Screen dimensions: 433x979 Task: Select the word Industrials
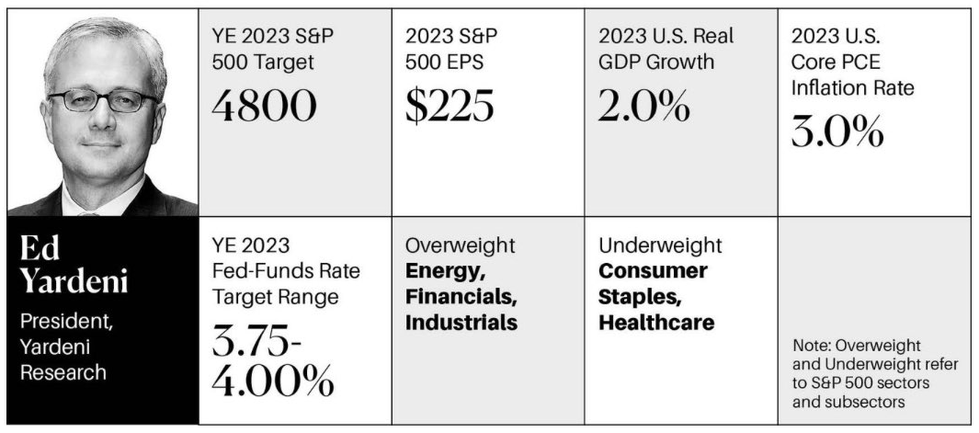tap(461, 323)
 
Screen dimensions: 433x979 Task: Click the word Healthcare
tap(656, 323)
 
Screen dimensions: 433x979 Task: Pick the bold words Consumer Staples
tap(653, 283)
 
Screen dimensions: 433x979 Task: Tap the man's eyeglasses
tap(102, 99)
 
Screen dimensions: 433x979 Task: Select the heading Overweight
tap(460, 245)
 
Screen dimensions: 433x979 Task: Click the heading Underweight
tap(660, 245)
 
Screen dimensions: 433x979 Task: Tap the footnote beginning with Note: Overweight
tap(874, 374)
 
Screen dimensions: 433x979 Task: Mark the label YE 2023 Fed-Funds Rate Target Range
tap(273, 271)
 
